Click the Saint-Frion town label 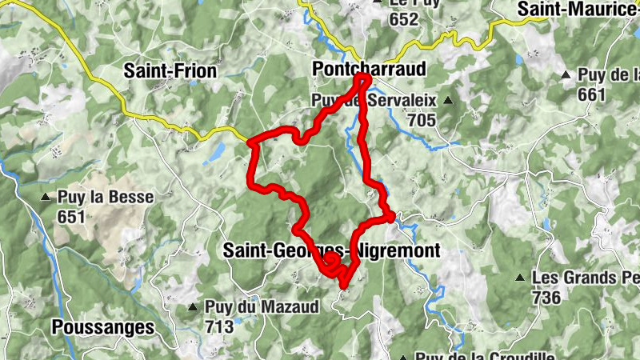tap(170, 71)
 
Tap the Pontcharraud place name tap(369, 71)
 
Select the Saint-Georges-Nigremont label tap(331, 251)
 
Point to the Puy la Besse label tap(105, 196)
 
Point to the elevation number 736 tap(546, 297)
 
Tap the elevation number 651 tap(71, 216)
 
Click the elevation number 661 tap(591, 94)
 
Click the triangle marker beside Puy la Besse tap(47, 196)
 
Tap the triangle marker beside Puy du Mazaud tap(192, 307)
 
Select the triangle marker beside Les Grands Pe tap(521, 278)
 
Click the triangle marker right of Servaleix tap(448, 101)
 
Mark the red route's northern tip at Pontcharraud tap(362, 78)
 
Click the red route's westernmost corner tap(250, 144)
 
